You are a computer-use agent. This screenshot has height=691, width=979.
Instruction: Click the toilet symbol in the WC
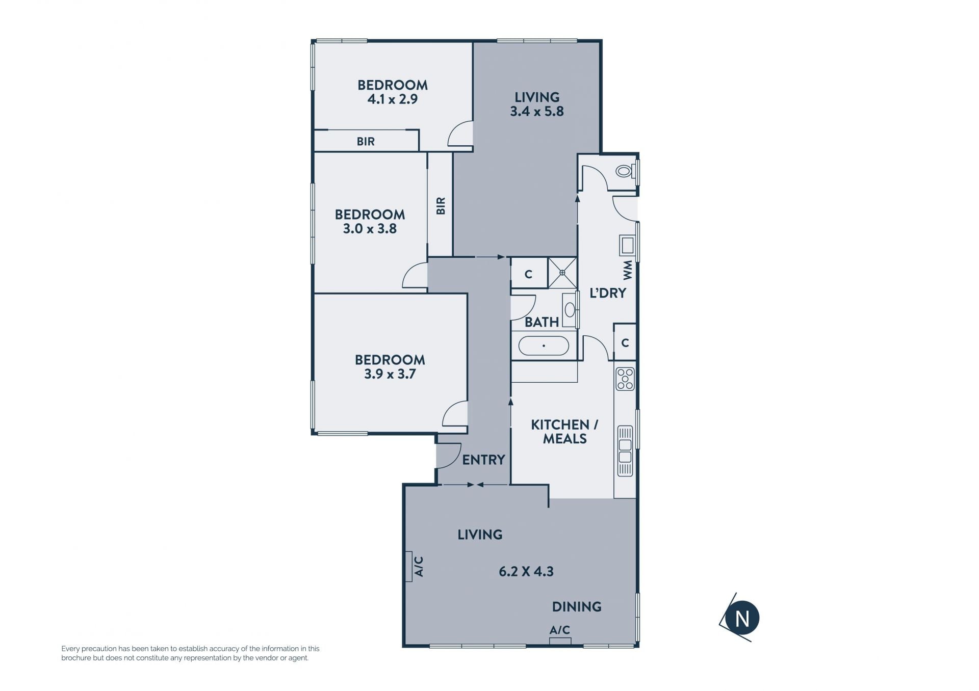pos(625,171)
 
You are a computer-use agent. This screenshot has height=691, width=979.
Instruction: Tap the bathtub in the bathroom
pos(544,345)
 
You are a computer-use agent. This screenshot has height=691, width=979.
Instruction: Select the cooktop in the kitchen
pos(625,379)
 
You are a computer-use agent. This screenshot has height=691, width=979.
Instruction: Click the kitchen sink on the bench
pos(625,451)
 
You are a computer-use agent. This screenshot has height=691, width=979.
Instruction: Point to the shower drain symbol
pos(562,273)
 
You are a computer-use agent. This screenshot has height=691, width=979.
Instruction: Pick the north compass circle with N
pos(742,618)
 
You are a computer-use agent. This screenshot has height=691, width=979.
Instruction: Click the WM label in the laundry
pos(627,270)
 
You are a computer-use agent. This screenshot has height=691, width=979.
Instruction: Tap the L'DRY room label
pos(608,293)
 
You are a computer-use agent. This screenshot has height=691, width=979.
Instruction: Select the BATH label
pos(542,322)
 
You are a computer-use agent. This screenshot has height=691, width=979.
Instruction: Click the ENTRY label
pos(483,460)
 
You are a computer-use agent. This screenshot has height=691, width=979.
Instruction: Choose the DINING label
pos(577,606)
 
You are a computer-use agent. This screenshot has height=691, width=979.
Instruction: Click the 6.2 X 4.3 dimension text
pos(526,571)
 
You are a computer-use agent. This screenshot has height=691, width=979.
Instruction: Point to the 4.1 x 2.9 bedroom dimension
pos(393,99)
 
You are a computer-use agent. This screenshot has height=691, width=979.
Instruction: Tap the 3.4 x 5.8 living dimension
pos(537,111)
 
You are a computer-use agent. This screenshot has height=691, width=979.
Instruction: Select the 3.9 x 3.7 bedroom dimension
pos(390,374)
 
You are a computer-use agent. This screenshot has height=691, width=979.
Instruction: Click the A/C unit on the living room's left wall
pos(409,566)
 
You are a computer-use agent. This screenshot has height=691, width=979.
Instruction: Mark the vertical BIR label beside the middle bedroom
pos(441,206)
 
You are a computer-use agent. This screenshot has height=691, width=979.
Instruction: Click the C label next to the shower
pos(529,274)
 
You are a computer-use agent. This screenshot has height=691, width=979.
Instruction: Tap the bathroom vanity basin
pos(570,309)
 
